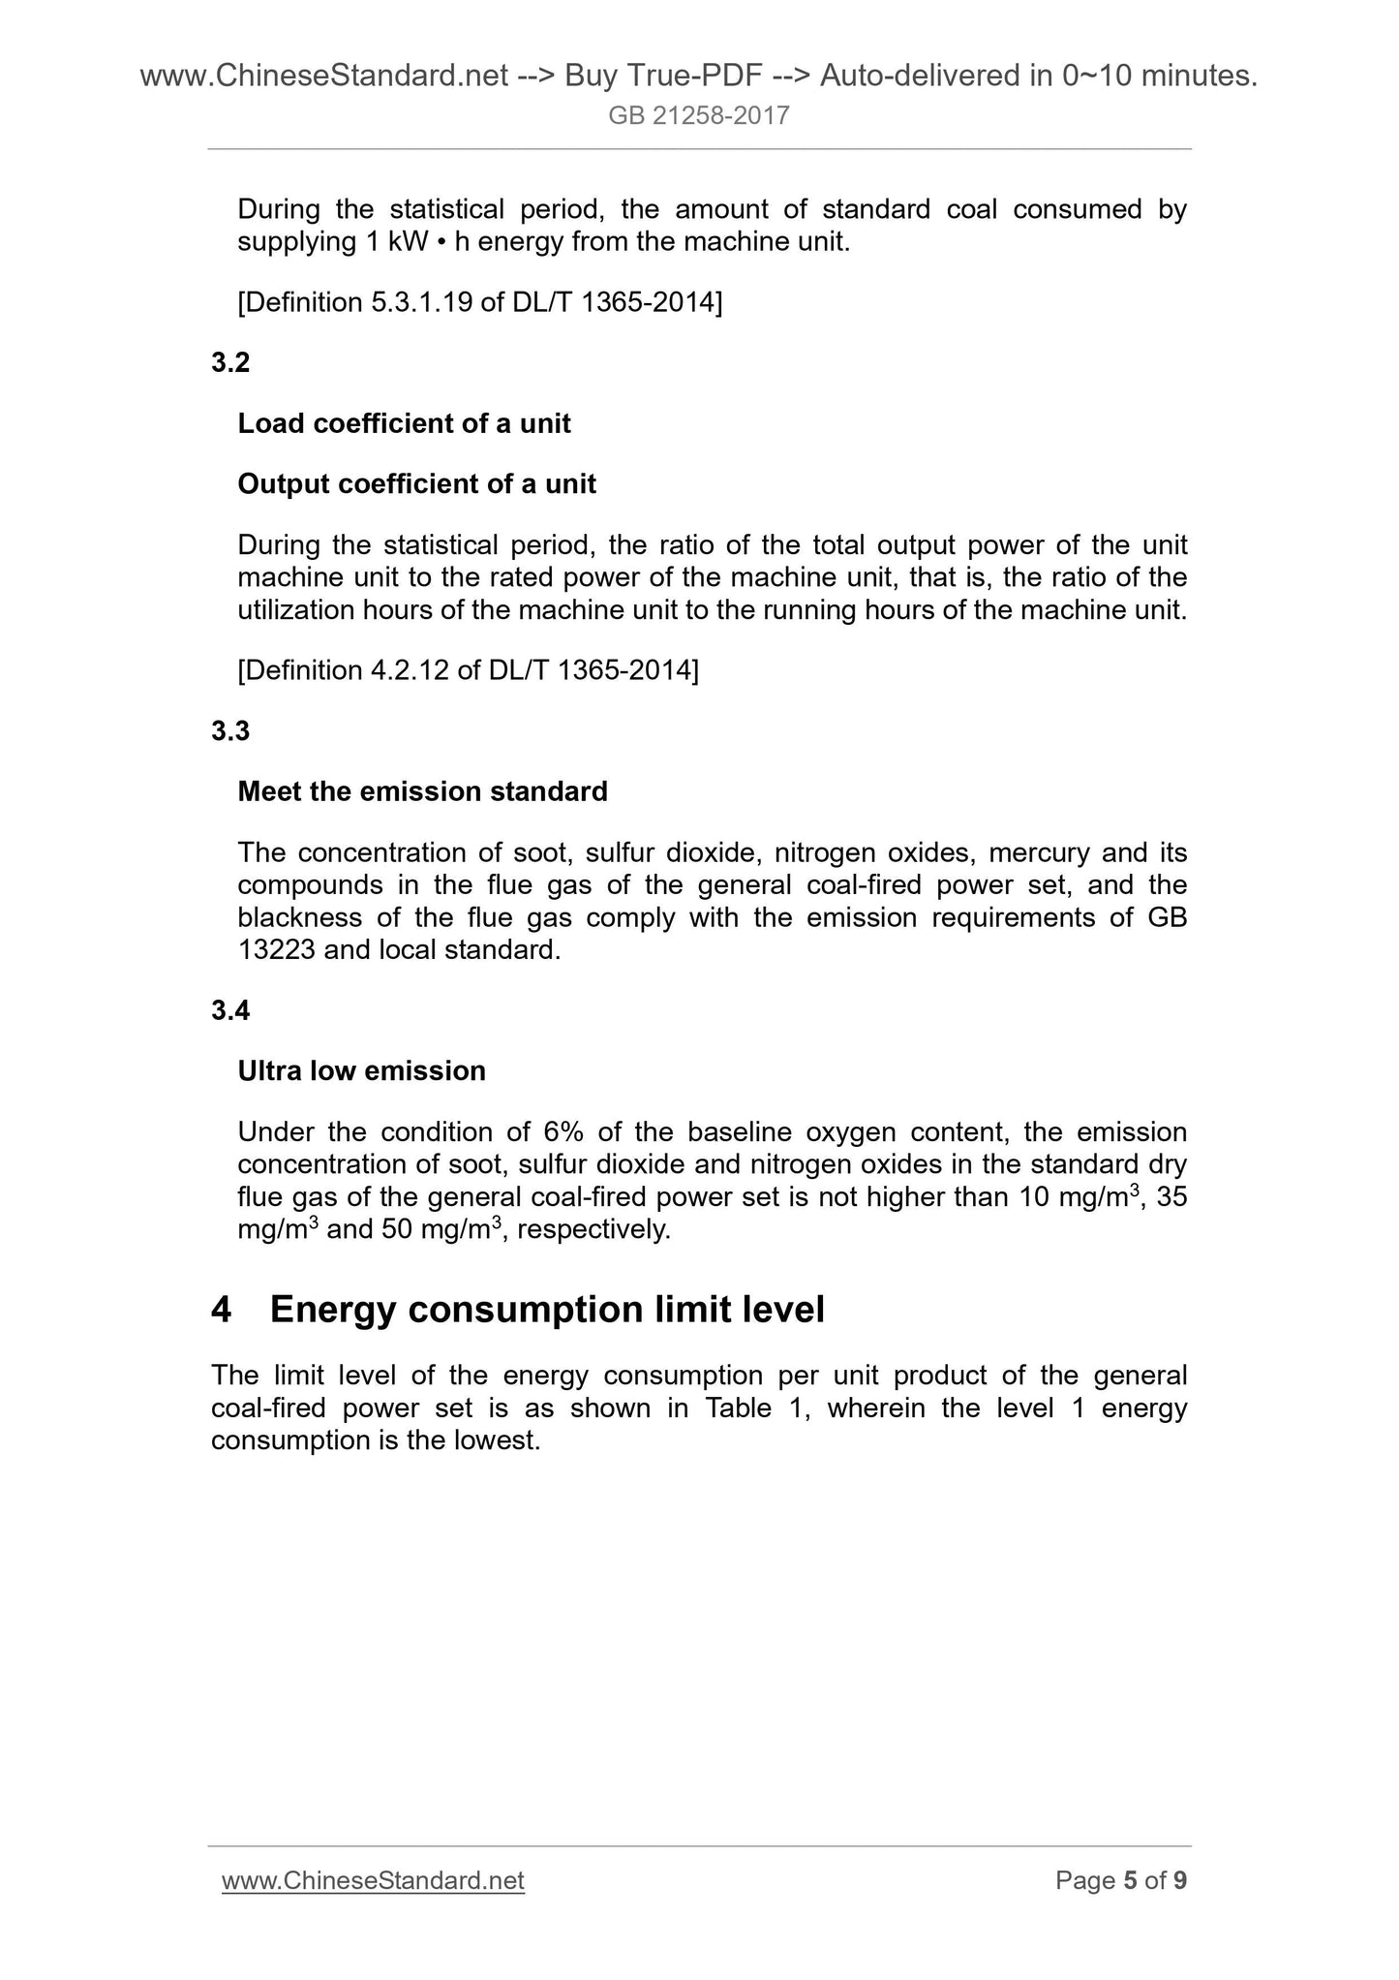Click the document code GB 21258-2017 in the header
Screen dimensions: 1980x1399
pos(699,116)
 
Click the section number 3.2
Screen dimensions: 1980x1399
pos(230,363)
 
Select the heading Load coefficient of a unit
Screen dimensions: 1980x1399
pos(404,424)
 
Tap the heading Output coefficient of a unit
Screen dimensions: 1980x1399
pos(416,484)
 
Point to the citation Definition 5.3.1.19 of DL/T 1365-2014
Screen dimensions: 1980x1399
pos(479,303)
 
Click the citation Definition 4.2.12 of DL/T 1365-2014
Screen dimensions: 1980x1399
pos(468,670)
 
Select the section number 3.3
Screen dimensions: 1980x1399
pos(230,731)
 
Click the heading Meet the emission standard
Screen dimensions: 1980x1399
pos(422,792)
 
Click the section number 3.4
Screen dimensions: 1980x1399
pos(230,1011)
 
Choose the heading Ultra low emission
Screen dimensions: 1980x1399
pos(361,1071)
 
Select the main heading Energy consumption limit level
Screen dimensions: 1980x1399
pos(547,1310)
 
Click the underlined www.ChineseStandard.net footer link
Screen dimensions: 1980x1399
pos(373,1881)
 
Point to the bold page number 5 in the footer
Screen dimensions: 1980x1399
pos(1130,1881)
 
